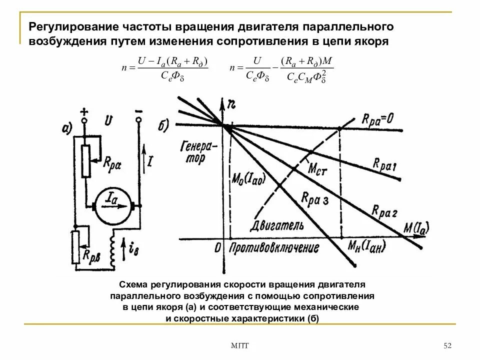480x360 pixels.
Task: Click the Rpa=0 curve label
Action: pos(378,120)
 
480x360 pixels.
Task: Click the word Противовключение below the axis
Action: pos(274,248)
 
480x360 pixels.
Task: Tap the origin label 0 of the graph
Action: pos(218,247)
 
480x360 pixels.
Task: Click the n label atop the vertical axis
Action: pos(231,104)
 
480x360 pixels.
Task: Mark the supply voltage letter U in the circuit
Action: pos(109,120)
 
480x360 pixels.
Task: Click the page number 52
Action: pos(447,346)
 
